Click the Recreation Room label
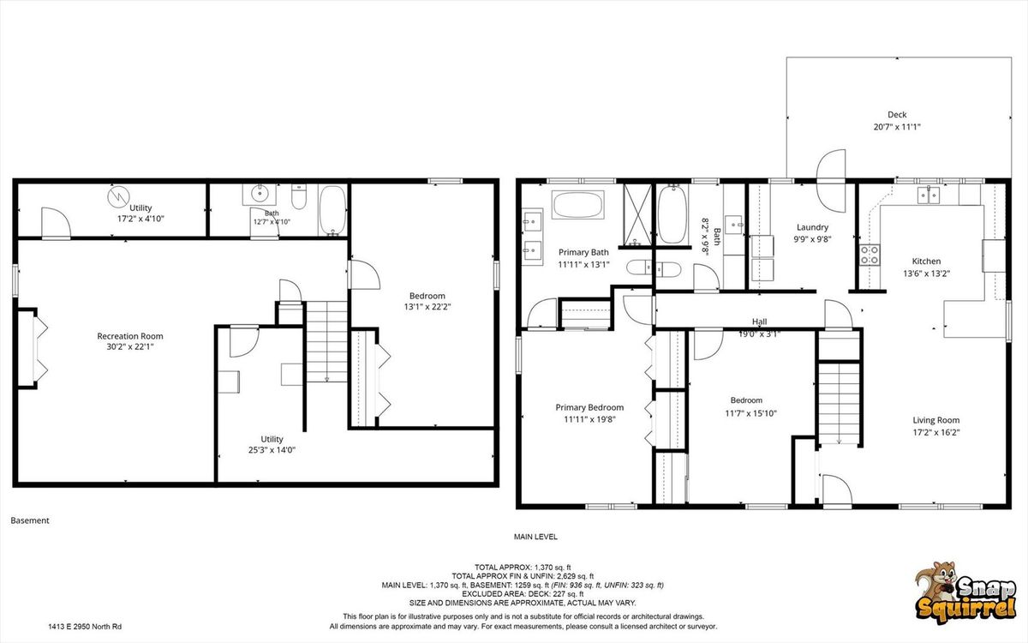click(x=130, y=336)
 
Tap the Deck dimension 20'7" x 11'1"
click(x=897, y=127)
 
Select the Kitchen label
click(x=926, y=261)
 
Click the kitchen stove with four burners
click(x=870, y=255)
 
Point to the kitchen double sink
click(x=928, y=195)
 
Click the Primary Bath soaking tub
click(x=577, y=205)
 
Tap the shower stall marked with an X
click(x=637, y=214)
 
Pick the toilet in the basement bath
click(x=299, y=196)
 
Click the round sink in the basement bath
click(x=260, y=195)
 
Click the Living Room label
click(x=935, y=420)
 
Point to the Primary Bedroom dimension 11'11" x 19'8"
click(x=589, y=419)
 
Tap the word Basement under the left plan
click(x=30, y=520)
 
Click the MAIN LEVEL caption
click(x=535, y=537)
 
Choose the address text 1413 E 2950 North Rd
click(x=85, y=627)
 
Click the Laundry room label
click(x=812, y=227)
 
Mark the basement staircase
click(x=326, y=342)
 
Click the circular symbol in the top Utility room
click(x=119, y=196)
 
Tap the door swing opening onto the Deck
click(x=831, y=181)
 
